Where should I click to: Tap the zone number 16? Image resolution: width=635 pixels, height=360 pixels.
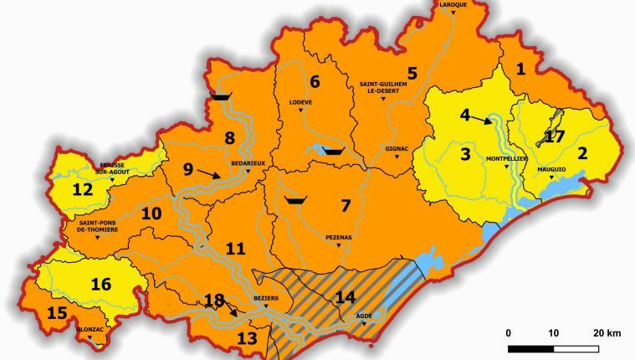pos(101,284)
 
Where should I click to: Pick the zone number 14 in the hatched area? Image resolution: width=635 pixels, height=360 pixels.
pos(346,296)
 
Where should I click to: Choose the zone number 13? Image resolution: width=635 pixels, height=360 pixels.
pos(248,338)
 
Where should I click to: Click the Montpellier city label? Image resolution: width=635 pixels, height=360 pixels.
pos(505,158)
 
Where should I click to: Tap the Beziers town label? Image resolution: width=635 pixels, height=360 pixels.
pos(265,297)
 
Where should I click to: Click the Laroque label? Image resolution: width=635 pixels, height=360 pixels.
pos(452,4)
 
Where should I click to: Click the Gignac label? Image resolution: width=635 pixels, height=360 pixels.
pos(396,148)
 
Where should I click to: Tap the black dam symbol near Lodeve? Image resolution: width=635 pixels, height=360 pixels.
pos(333,152)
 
